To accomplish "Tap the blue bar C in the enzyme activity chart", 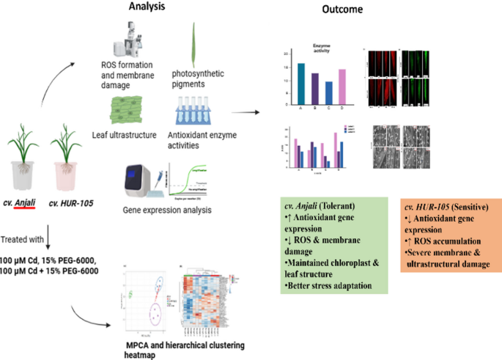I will tap(328, 94).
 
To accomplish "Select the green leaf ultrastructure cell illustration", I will tap(130, 114).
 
